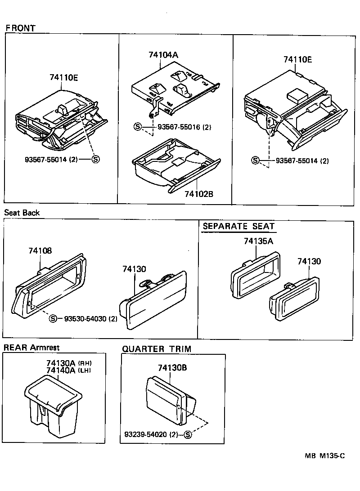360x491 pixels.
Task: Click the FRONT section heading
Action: (x=20, y=28)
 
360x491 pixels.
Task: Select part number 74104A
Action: (x=163, y=55)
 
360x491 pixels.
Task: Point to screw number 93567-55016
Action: (x=179, y=127)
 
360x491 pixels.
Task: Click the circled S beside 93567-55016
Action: (x=138, y=127)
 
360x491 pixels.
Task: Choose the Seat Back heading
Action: (x=22, y=213)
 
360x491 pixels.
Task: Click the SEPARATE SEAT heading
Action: (x=238, y=226)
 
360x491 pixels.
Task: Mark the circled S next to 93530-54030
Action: (x=53, y=318)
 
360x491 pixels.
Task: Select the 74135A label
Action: (x=258, y=241)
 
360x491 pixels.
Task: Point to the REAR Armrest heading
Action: (x=31, y=348)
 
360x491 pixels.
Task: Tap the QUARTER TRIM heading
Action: (x=157, y=349)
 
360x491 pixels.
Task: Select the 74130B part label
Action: (x=172, y=368)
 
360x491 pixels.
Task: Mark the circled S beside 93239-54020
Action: (x=188, y=434)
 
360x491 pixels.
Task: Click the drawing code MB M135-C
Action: (x=324, y=456)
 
